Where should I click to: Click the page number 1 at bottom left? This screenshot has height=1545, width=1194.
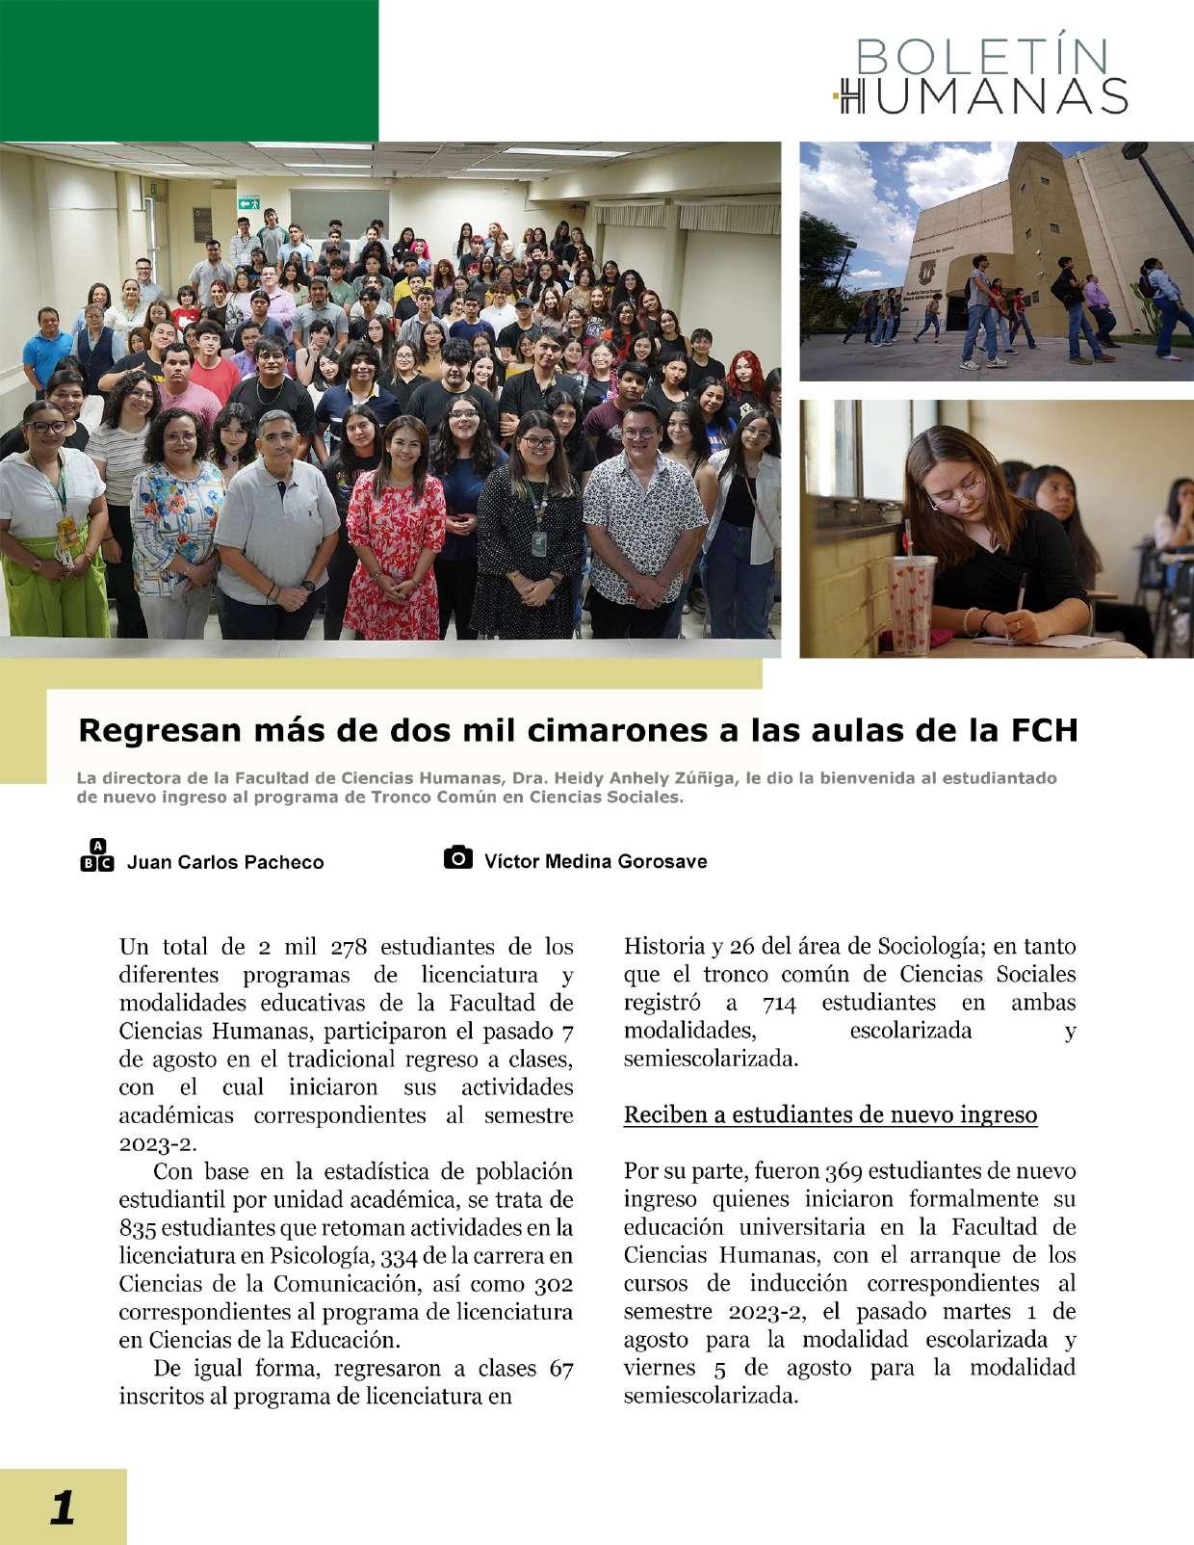coord(62,1506)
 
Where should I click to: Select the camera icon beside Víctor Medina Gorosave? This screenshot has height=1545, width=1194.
coord(458,858)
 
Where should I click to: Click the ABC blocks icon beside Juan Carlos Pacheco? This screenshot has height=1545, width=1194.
coord(96,856)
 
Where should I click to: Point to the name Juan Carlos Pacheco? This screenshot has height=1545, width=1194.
coord(225,862)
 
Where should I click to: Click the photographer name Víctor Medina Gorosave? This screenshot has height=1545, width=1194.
coord(595,861)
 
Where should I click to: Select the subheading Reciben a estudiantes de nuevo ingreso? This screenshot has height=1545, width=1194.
coord(830,1115)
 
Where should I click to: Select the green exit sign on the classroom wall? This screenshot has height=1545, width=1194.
coord(250,202)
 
